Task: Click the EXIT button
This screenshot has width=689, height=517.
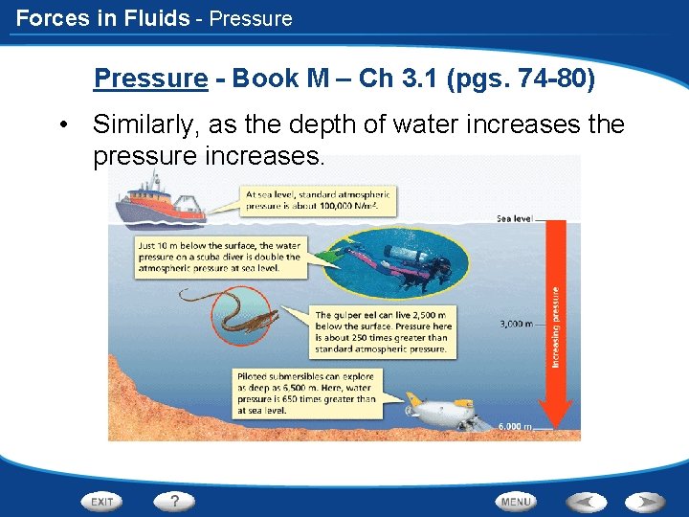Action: click(x=102, y=501)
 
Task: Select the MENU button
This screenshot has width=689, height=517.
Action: click(x=516, y=501)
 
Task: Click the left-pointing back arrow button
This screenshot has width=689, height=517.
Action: click(x=585, y=501)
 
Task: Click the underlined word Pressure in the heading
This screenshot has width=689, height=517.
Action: click(x=150, y=79)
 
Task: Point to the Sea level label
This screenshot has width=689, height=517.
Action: click(x=514, y=219)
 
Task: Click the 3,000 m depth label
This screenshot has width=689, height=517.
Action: click(x=516, y=324)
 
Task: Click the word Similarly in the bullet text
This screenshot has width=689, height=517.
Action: click(x=144, y=124)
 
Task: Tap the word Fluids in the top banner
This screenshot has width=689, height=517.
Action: click(x=155, y=17)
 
